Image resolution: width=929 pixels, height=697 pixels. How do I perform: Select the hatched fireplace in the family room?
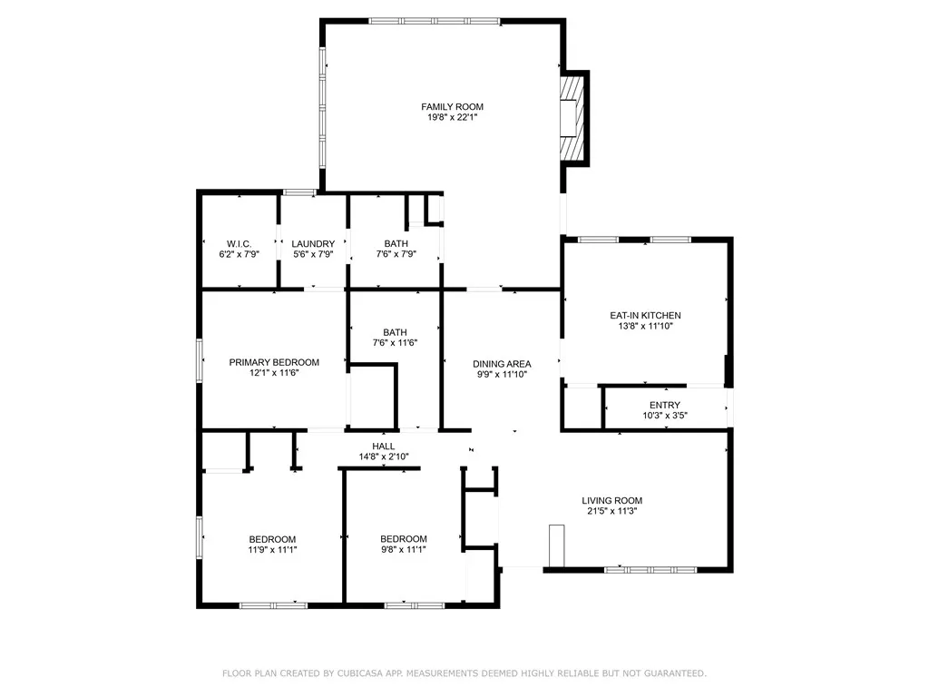coord(571,117)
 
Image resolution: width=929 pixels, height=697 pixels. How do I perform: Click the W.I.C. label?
coord(239,243)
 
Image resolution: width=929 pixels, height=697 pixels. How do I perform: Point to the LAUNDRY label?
coord(313,243)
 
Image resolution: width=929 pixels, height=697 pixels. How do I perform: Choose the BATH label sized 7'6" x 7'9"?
coord(396,243)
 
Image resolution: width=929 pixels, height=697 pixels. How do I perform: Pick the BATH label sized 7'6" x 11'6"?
coord(395,332)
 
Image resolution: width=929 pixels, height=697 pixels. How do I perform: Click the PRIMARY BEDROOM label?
coord(274,362)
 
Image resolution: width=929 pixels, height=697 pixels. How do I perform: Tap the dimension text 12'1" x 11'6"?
coord(274,373)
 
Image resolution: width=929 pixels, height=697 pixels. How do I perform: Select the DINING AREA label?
coord(502,364)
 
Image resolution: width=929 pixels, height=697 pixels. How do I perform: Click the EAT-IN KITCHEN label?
coord(645,316)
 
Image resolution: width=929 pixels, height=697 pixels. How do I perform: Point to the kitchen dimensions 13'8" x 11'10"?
coord(645,327)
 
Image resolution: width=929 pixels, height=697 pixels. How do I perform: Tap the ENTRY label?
coord(664,405)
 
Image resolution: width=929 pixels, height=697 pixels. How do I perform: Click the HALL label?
coord(383,447)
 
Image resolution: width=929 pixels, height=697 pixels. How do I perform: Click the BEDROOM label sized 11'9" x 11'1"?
coord(272,538)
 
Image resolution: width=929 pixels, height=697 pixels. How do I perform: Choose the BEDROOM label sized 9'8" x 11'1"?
coord(403,538)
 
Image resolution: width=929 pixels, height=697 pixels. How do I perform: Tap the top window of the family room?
coord(435,20)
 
